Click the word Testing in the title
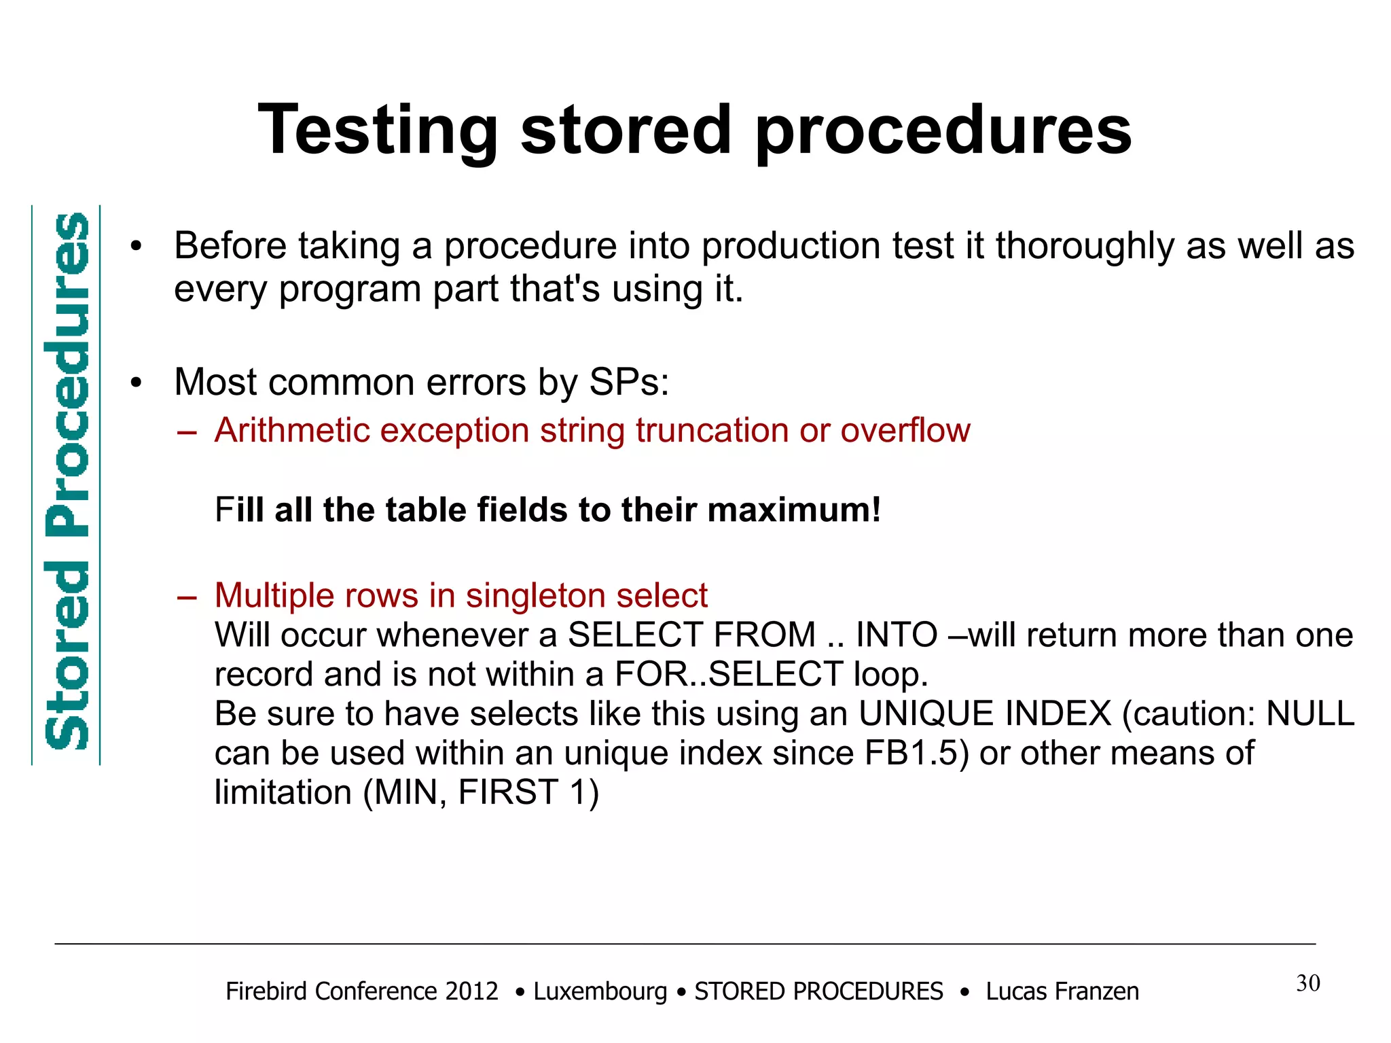pos(378,130)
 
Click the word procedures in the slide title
pos(943,130)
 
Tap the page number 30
pos(1307,983)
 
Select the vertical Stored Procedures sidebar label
pos(67,482)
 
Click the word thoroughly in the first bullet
pos(1085,245)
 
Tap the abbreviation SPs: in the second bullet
pos(629,382)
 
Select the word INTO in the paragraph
pos(897,635)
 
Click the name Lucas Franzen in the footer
pos(1062,991)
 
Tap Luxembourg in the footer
pos(600,991)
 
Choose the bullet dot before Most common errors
pos(137,383)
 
